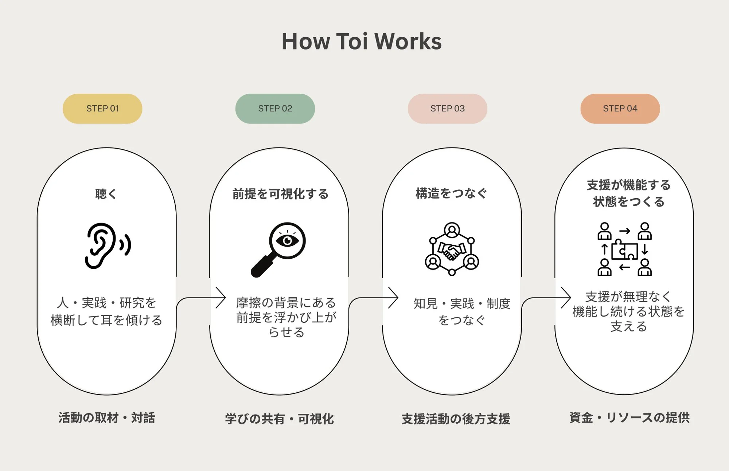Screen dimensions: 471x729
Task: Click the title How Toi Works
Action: pos(362,41)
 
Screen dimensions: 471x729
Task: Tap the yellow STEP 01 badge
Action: pos(102,109)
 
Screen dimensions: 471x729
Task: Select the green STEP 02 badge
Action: pos(275,109)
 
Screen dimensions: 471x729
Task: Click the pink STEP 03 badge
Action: pos(448,109)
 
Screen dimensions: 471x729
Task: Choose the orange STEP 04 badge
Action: pos(620,109)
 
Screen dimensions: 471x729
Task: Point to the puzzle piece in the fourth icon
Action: pos(624,251)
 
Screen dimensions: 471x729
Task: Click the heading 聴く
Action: pos(106,194)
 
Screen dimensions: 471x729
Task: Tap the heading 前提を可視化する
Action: pos(280,194)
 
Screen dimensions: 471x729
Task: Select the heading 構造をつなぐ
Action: pos(451,193)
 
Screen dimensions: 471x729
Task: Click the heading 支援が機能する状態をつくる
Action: pos(629,193)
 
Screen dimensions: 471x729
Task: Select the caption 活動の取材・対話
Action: pos(107,418)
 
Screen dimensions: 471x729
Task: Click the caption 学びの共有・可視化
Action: pos(280,419)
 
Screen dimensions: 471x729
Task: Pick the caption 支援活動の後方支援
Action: pos(456,419)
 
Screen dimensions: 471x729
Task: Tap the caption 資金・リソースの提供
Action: pos(629,417)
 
